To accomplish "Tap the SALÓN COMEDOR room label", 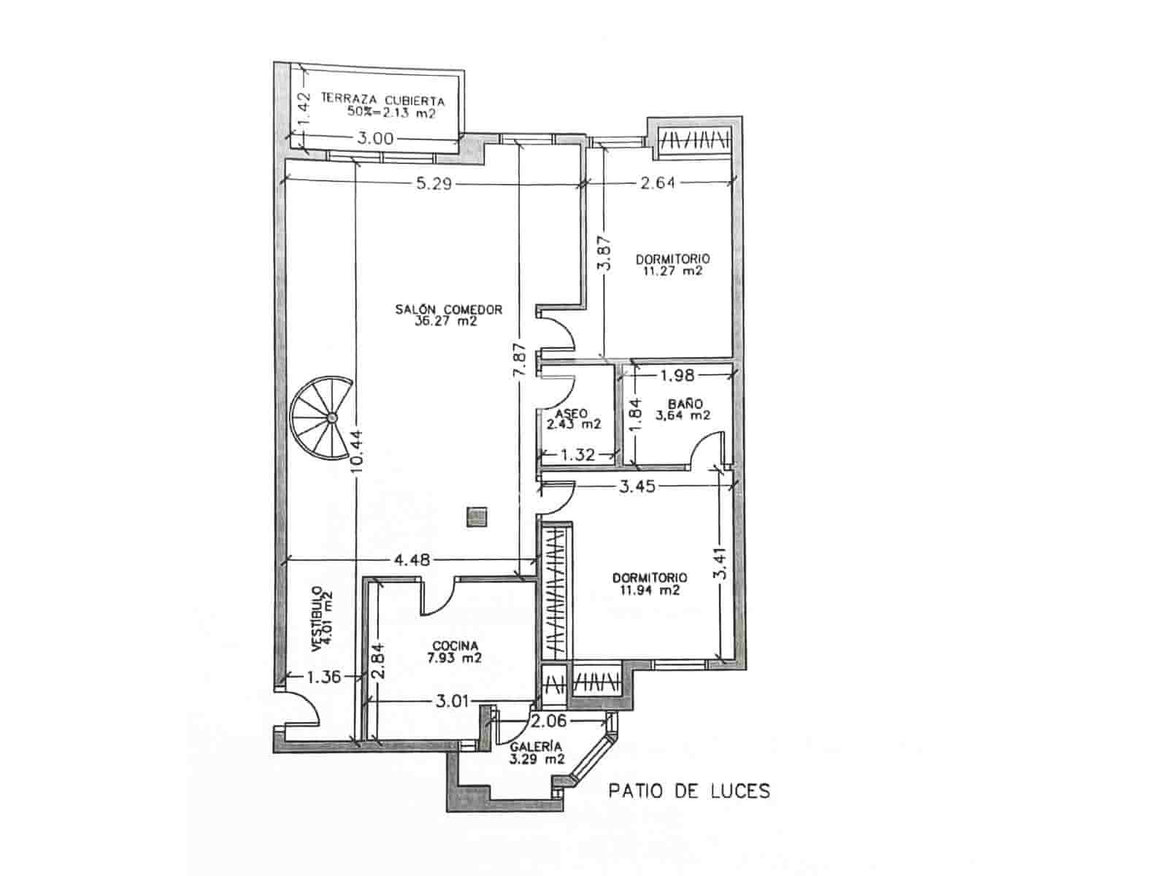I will click(448, 315).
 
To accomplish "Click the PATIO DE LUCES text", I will click(689, 791).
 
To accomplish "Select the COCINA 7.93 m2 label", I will click(455, 652).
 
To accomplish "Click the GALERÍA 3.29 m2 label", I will click(537, 753).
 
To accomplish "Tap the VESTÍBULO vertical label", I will click(322, 619).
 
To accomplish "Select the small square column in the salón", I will click(476, 517).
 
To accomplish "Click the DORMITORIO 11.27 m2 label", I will click(672, 264).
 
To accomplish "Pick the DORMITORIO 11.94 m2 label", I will click(649, 583).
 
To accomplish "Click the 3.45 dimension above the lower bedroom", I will click(637, 485).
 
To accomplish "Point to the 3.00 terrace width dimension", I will click(376, 138).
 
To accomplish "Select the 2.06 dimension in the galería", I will click(548, 722).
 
